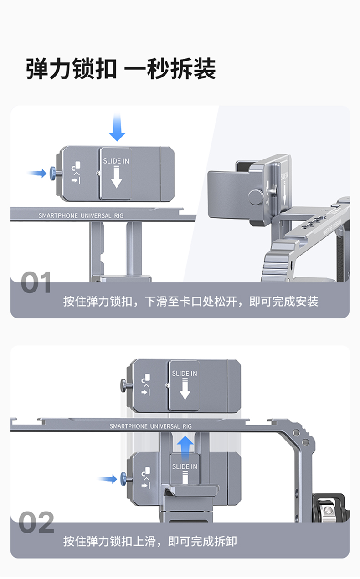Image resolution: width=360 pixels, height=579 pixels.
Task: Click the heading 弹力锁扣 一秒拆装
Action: [x=121, y=69]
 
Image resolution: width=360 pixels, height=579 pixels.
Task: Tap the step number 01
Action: [x=36, y=283]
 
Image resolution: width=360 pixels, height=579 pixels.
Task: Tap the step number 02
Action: [x=36, y=523]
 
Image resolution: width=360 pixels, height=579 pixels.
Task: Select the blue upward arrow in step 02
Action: [x=185, y=445]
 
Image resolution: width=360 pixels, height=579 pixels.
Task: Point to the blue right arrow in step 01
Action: [x=37, y=173]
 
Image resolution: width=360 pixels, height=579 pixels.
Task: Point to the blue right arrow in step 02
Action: [x=108, y=478]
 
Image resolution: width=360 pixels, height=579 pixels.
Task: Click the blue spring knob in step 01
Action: [x=54, y=173]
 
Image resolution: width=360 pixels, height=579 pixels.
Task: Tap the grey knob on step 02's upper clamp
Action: [x=124, y=385]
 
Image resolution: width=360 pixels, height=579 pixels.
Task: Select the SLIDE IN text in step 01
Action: [x=116, y=161]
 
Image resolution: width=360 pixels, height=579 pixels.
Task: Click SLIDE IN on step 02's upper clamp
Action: [x=185, y=374]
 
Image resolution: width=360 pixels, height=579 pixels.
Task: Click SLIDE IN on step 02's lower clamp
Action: [x=185, y=466]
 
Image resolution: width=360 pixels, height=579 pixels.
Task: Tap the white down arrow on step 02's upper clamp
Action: [x=185, y=390]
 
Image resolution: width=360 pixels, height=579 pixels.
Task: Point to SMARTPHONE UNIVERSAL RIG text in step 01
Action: [x=81, y=215]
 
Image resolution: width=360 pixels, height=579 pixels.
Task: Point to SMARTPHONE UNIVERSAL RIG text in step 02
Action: [x=151, y=426]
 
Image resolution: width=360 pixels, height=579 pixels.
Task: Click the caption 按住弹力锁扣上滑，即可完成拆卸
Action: [x=150, y=541]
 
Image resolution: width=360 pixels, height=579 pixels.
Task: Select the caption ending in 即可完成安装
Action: [x=190, y=301]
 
